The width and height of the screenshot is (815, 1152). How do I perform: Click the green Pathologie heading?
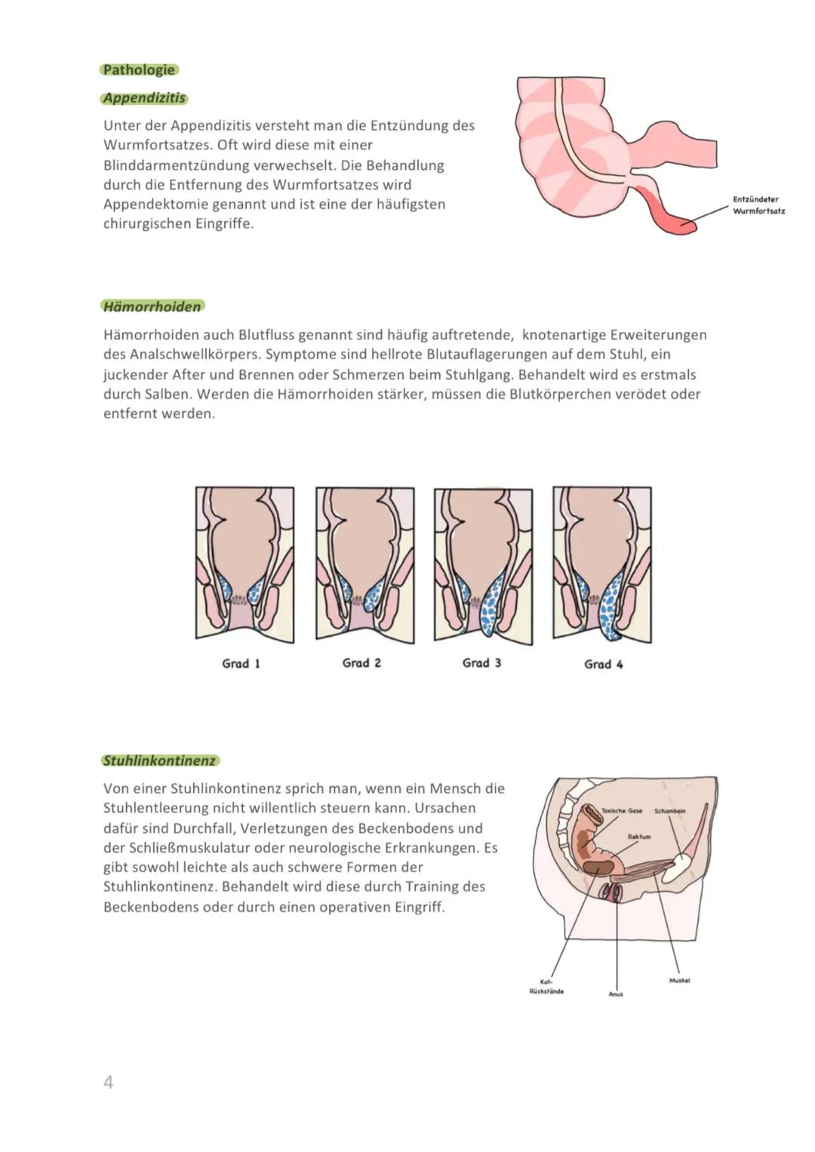[x=139, y=70]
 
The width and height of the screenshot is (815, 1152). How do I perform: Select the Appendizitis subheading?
[x=144, y=98]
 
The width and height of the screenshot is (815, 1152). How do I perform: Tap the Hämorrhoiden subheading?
[x=152, y=306]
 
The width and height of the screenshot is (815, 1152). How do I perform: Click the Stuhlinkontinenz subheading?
[x=160, y=760]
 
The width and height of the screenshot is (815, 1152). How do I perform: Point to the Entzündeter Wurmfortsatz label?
[x=758, y=205]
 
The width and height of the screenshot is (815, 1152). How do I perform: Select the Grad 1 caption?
[x=241, y=664]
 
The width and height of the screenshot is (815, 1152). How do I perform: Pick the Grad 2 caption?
[x=361, y=663]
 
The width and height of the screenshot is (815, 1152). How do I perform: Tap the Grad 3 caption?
[x=481, y=663]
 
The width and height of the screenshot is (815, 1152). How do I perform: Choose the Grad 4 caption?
[x=603, y=665]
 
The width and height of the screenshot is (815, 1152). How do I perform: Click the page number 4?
[x=108, y=1083]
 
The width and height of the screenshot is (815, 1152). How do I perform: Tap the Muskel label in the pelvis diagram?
[x=679, y=981]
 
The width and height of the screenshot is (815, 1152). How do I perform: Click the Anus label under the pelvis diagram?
[x=616, y=994]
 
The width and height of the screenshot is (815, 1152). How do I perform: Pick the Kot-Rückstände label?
[x=546, y=987]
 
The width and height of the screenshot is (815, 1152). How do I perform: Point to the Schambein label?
[x=669, y=811]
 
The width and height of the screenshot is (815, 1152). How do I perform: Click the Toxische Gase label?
[x=621, y=811]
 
